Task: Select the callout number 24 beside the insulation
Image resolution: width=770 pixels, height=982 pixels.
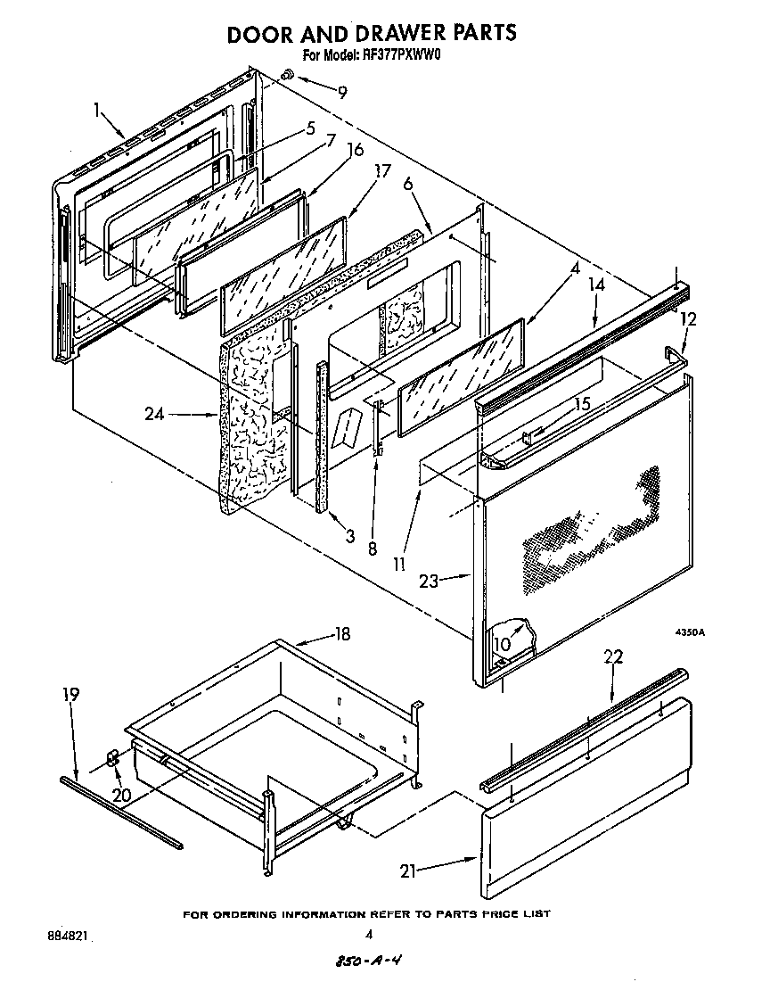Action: pyautogui.click(x=155, y=414)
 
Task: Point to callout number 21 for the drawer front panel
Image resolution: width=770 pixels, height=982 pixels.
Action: pyautogui.click(x=408, y=871)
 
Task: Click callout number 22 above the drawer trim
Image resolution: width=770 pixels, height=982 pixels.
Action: pyautogui.click(x=613, y=657)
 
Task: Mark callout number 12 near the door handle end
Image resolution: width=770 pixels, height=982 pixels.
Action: pyautogui.click(x=688, y=318)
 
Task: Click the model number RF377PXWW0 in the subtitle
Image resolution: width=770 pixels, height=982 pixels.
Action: pyautogui.click(x=397, y=55)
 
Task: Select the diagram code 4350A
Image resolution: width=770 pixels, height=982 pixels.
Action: pyautogui.click(x=689, y=632)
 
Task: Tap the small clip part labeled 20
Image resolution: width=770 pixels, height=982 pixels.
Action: pyautogui.click(x=113, y=758)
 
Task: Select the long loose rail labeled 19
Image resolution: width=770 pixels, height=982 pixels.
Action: pyautogui.click(x=120, y=812)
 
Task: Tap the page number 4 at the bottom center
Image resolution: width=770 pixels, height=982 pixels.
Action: pyautogui.click(x=368, y=935)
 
